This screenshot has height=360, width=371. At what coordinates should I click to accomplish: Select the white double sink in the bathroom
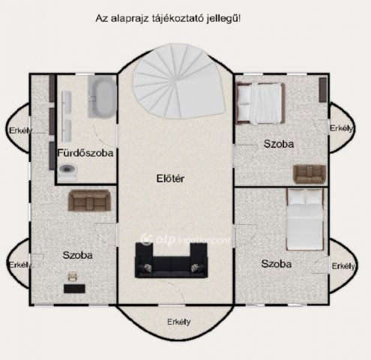tap(67, 112)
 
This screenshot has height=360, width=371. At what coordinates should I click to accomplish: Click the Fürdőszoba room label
tap(85, 153)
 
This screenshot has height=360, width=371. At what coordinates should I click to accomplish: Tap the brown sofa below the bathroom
tap(89, 200)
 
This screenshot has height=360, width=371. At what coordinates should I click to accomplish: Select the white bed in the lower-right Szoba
tap(304, 219)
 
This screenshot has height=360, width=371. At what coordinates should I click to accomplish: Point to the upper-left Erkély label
tap(20, 131)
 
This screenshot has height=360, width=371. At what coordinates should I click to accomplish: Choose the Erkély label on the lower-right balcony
tap(343, 265)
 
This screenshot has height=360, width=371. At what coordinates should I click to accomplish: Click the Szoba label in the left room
tap(77, 255)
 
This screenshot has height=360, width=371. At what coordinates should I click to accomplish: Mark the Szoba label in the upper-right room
tap(278, 143)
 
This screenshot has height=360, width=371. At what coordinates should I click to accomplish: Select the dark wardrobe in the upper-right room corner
tap(322, 90)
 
